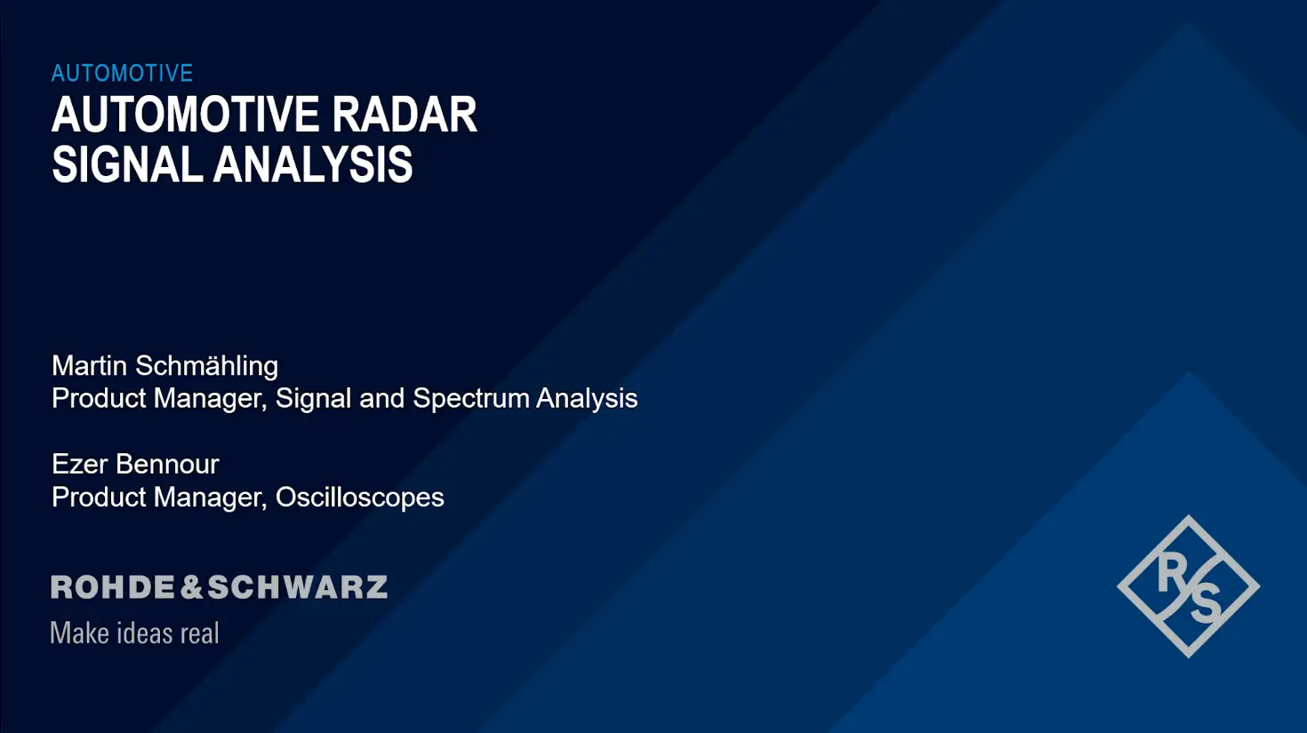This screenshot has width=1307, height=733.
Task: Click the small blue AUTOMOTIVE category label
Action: pos(122,73)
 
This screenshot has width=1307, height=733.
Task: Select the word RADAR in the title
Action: pos(405,115)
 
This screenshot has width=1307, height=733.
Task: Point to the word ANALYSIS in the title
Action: pos(313,164)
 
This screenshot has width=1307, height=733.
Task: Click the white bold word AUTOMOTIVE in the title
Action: pos(186,115)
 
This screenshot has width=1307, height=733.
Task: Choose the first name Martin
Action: pos(89,366)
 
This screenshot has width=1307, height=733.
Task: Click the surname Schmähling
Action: pos(206,367)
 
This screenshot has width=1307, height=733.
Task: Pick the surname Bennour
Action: pos(167,464)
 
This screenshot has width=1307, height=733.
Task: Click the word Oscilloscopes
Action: pos(359,498)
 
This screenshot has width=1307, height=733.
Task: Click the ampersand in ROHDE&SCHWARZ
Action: pos(191,586)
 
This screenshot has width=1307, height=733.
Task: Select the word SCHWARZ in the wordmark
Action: pos(298,586)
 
